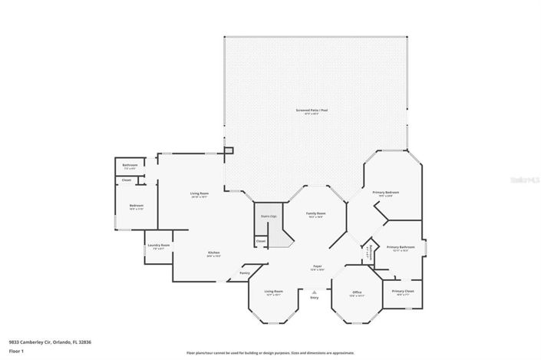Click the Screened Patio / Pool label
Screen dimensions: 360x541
click(312, 111)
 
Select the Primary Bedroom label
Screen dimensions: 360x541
click(386, 192)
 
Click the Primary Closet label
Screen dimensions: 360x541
click(403, 292)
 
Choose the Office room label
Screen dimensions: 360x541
click(357, 292)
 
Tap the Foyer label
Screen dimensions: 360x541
click(316, 266)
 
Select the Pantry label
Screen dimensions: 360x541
click(245, 272)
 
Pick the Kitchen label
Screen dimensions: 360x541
click(213, 253)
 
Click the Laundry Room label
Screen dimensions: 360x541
click(160, 246)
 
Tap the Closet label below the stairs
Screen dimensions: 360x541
click(261, 241)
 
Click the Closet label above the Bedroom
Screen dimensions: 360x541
click(127, 180)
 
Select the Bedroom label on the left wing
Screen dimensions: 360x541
click(136, 206)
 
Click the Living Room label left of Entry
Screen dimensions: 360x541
click(274, 292)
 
